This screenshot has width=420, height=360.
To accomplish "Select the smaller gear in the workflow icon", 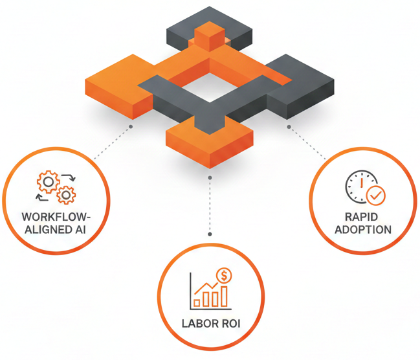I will point(65,194).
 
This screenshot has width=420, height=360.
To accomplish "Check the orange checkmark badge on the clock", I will point(375,194).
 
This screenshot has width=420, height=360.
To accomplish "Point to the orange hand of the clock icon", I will point(361,185).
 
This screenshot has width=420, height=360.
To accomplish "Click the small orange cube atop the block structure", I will point(210,36).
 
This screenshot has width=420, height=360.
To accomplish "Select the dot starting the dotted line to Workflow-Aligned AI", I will point(131,126).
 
